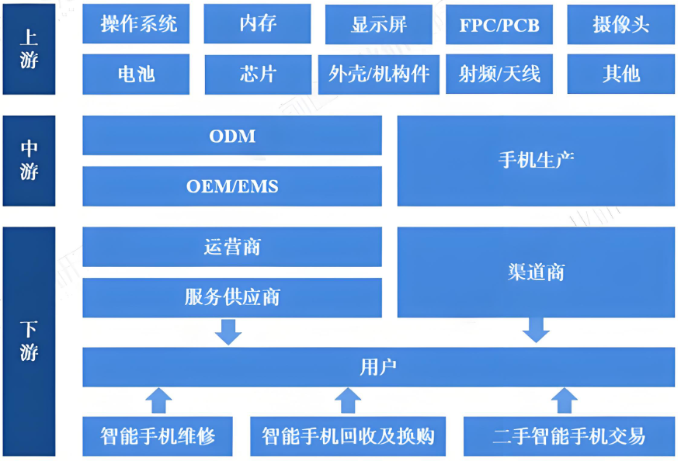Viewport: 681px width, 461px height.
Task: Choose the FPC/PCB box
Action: tap(499, 24)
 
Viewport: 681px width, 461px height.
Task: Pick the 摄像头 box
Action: tap(620, 24)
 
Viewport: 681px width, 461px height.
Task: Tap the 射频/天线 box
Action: tap(499, 74)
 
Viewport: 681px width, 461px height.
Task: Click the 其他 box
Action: tap(620, 74)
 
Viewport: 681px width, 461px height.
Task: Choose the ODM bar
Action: tap(232, 136)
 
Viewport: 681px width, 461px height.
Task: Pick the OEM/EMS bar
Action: tap(232, 186)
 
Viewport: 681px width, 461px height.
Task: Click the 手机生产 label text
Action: tap(536, 161)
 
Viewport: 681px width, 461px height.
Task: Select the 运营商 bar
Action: tap(232, 247)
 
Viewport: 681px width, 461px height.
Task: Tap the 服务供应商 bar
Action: tap(232, 297)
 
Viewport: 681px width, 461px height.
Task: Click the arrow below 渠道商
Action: tap(536, 330)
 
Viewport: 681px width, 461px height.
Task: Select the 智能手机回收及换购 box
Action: tap(348, 436)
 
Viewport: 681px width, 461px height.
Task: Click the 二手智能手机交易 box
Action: tap(568, 436)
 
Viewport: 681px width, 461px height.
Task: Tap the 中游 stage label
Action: tap(30, 161)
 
